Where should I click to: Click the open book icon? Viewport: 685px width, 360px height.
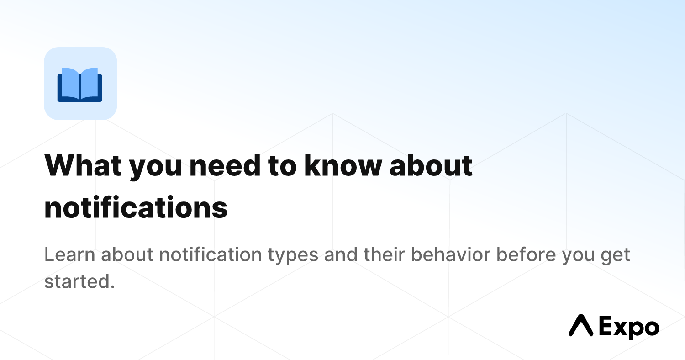pos(80,85)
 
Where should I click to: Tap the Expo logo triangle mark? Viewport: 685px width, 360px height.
pos(581,325)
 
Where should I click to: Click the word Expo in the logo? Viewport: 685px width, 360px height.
pos(629,327)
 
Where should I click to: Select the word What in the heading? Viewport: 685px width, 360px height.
pos(83,165)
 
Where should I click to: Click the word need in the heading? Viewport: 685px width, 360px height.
pos(225,165)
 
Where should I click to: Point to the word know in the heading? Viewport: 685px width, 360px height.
pos(343,165)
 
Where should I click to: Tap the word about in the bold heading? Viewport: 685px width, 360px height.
pos(431,165)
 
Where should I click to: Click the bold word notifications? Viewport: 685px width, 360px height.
pos(136,207)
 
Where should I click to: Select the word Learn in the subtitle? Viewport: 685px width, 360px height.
pos(70,254)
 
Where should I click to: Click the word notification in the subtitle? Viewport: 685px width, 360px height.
pos(211,254)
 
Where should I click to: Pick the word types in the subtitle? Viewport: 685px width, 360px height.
pos(293,256)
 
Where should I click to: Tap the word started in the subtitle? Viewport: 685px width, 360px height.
pos(79,281)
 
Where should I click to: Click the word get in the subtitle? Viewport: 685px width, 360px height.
pos(615,256)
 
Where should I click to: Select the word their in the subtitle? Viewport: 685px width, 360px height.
pos(384,254)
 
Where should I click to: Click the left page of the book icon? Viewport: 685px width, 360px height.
pos(70,83)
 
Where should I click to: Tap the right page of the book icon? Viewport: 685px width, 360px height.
pos(90,83)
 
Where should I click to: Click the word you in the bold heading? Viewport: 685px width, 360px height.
pos(155,168)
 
